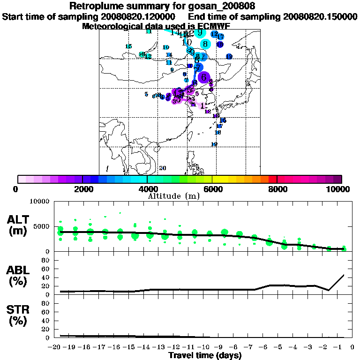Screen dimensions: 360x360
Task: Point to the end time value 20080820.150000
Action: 320,16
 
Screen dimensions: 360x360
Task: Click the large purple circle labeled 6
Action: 204,77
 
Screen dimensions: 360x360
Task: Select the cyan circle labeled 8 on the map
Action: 205,44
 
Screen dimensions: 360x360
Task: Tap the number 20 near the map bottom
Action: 163,168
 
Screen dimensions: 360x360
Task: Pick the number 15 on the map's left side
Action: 128,46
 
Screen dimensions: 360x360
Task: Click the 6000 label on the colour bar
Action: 212,189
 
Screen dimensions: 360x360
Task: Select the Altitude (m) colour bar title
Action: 174,196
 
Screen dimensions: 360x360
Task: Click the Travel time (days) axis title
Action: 205,356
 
